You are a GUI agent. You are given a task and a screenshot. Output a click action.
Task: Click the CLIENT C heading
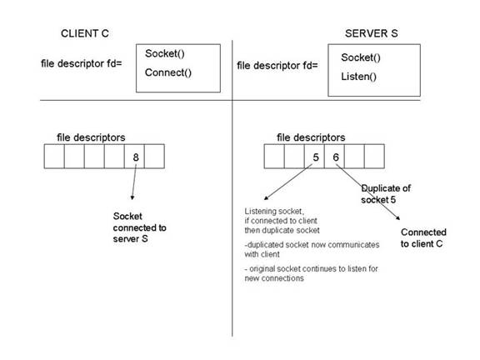[x=85, y=33]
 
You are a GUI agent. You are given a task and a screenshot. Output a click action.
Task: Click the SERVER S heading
[x=372, y=33]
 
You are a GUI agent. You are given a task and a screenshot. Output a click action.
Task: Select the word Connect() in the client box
[x=168, y=72]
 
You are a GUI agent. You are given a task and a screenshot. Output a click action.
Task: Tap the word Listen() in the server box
[x=359, y=77]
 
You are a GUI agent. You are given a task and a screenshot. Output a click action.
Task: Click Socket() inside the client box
[x=165, y=53]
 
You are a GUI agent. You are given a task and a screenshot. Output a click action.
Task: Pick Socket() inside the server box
[x=361, y=57]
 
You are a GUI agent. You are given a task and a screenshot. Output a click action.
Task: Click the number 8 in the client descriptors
[x=136, y=157]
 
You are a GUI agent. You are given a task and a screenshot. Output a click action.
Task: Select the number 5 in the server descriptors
[x=316, y=157]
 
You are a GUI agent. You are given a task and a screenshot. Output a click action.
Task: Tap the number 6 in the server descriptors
[x=336, y=157]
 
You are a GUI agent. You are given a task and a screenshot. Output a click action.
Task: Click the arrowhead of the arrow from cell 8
[x=132, y=198]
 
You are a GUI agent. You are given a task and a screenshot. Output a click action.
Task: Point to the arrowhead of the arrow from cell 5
[x=265, y=198]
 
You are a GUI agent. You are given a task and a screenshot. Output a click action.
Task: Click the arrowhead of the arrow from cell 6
[x=398, y=218]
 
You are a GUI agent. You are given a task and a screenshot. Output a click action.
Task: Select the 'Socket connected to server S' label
[x=140, y=227]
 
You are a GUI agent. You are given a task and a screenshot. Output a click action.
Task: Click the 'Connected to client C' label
[x=423, y=237]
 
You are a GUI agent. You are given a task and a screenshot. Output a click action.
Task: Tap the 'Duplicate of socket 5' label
[x=386, y=194]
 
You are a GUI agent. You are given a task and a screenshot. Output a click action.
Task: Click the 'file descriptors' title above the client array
[x=91, y=137]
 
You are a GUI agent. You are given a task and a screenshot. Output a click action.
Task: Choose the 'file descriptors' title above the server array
[x=311, y=137]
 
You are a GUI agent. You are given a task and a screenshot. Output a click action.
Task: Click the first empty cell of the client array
[x=54, y=157]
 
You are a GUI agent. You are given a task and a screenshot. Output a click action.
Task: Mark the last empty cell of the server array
[x=374, y=157]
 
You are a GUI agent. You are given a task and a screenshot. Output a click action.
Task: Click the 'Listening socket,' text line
[x=274, y=211]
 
